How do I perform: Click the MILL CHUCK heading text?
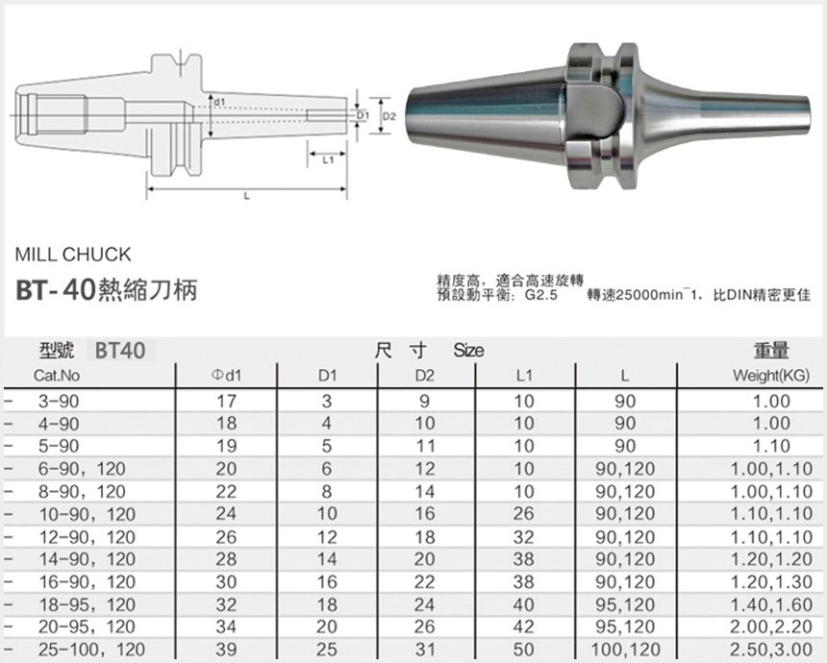click(x=73, y=256)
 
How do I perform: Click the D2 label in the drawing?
click(x=389, y=115)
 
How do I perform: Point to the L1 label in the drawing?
click(x=328, y=160)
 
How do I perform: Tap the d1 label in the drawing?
click(x=220, y=102)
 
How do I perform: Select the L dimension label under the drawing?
click(x=247, y=196)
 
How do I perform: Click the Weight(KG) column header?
click(x=770, y=375)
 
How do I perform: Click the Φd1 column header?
click(x=226, y=375)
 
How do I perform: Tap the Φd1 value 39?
click(x=226, y=651)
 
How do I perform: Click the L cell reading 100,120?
click(x=625, y=651)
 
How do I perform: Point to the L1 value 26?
click(x=523, y=513)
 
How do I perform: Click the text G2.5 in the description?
click(x=541, y=296)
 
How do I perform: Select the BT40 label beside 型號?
click(x=120, y=351)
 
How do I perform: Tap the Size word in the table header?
click(x=468, y=351)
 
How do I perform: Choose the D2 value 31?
click(x=424, y=651)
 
